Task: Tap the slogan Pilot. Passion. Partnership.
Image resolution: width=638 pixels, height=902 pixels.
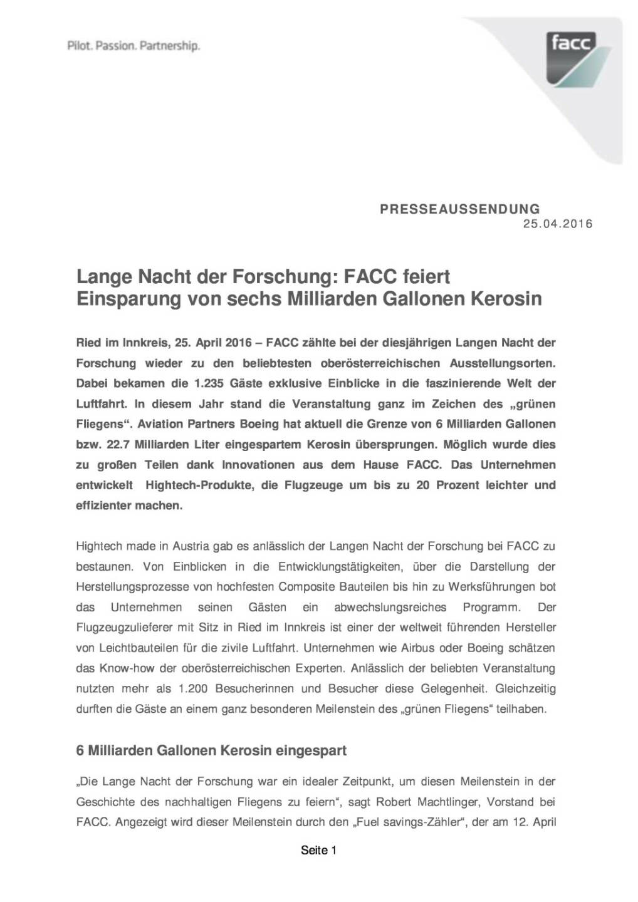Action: [133, 46]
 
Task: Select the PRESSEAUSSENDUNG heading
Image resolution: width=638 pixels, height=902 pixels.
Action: [459, 209]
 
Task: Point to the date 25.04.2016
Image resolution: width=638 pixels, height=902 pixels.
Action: [558, 224]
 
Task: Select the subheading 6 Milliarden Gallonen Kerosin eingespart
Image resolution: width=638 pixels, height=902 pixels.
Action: [211, 750]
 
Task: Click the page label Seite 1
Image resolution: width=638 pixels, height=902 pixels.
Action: [319, 850]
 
